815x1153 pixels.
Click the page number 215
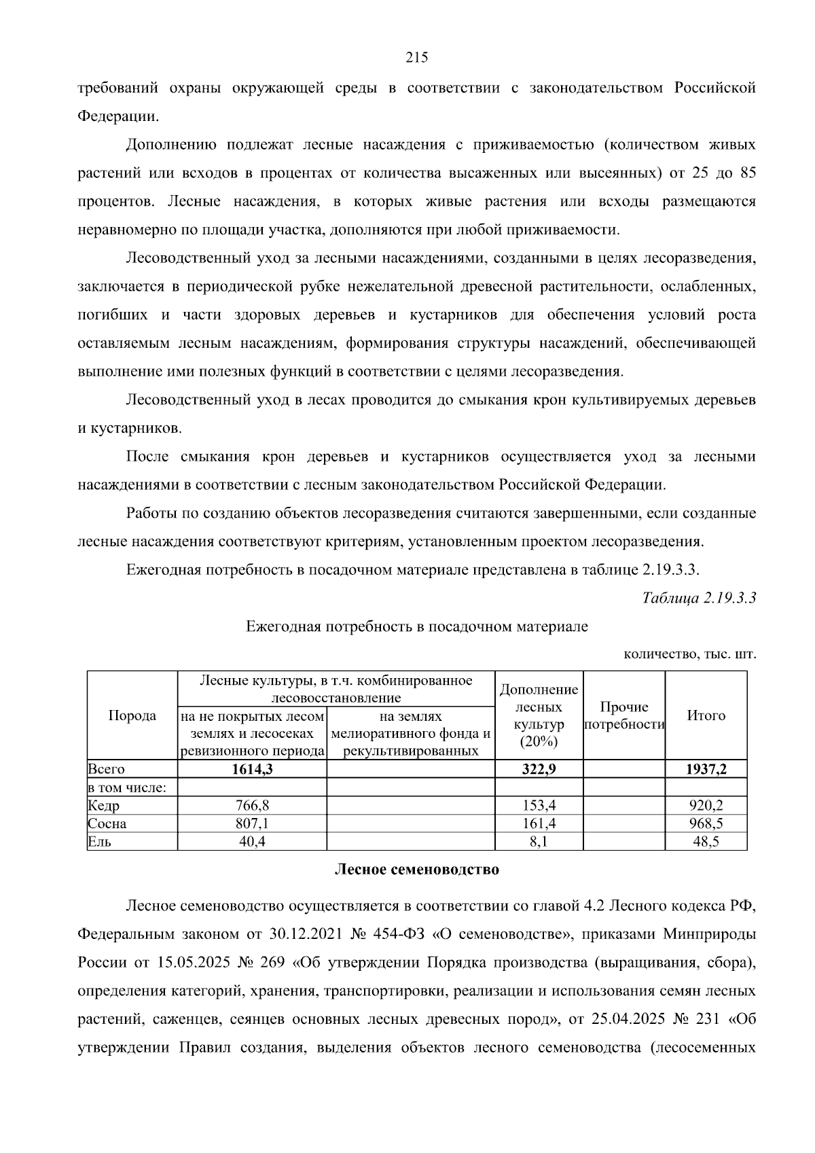[416, 58]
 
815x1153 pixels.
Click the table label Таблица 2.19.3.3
[699, 598]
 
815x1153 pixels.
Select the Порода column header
[132, 715]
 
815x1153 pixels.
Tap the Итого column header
[706, 715]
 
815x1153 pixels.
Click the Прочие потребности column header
[624, 715]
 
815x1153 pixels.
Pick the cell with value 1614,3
[251, 769]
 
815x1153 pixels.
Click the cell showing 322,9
[539, 769]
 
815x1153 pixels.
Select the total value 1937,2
[706, 769]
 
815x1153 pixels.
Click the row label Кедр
[103, 806]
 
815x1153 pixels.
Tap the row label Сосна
[107, 824]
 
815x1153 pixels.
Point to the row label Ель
[99, 842]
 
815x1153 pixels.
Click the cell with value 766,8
[251, 806]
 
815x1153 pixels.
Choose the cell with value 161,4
[539, 824]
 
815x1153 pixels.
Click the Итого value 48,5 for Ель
[706, 842]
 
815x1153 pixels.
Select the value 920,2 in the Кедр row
[706, 806]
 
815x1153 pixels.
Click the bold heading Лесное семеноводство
[417, 870]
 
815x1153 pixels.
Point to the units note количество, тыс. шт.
[689, 655]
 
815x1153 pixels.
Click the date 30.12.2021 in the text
[304, 934]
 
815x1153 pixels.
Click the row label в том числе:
[122, 788]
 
